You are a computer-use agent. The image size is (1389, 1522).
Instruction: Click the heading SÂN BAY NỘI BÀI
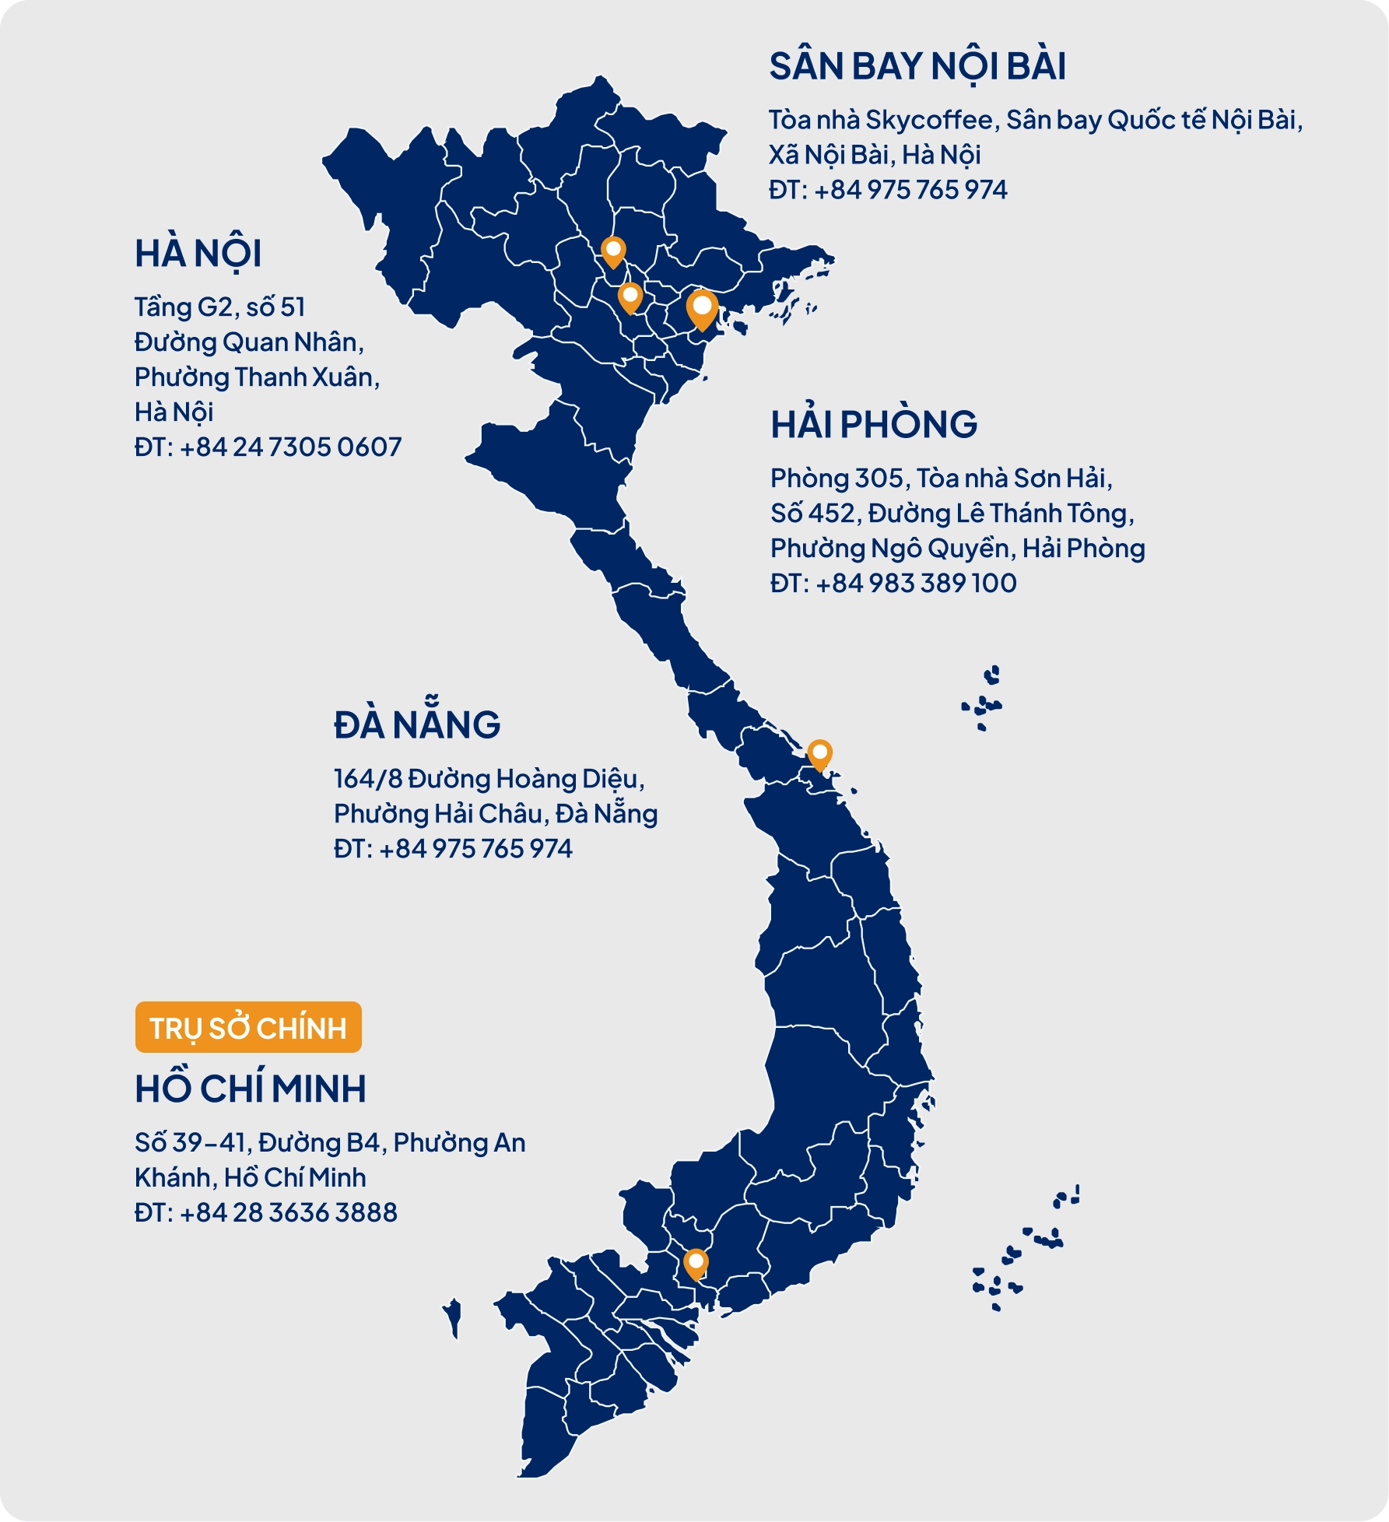917,67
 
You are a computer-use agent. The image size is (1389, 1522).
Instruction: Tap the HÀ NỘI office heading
198,254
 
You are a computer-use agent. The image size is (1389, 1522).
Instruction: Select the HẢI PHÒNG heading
873,425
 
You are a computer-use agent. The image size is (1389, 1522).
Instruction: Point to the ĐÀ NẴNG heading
417,725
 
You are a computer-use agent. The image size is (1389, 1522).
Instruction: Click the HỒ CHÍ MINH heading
250,1089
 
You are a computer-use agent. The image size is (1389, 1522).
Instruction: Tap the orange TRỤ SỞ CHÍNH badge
248,1028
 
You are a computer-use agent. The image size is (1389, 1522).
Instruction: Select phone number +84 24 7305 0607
290,447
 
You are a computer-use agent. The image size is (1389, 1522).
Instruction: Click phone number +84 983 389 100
916,584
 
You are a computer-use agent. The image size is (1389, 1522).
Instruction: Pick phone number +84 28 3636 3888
288,1212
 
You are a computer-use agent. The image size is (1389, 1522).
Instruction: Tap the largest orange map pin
702,307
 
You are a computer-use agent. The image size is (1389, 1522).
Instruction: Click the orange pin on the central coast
819,753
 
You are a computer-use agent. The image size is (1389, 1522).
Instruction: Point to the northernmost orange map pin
614,251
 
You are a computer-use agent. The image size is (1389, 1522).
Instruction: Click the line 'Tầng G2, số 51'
219,307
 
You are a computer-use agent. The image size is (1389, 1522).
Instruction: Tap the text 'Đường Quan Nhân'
247,342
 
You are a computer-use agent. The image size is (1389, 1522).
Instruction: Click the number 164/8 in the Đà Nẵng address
367,779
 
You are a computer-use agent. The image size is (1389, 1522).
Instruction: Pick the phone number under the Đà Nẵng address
475,849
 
